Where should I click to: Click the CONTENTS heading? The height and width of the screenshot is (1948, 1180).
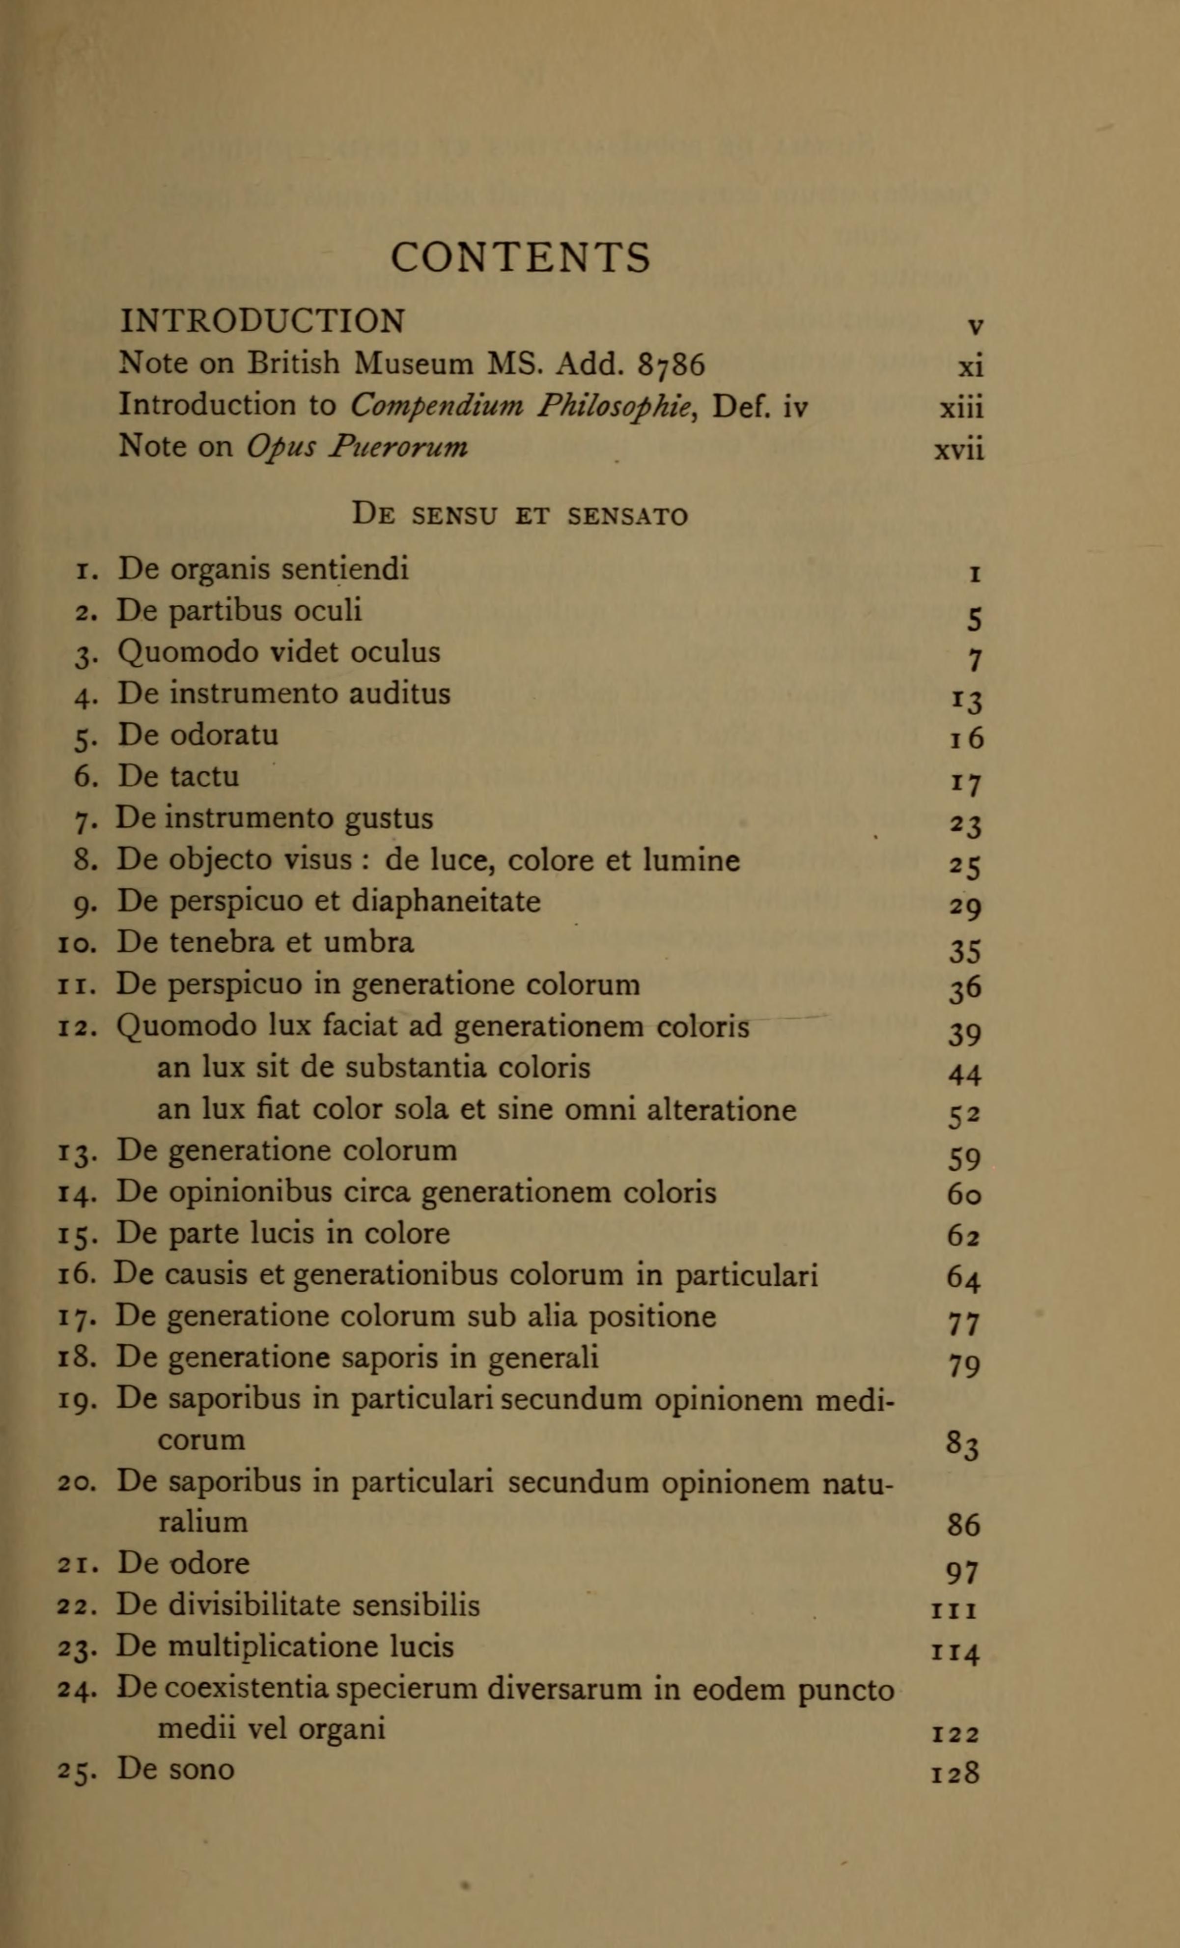tap(521, 258)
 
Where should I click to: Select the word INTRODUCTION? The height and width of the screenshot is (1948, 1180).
tap(262, 321)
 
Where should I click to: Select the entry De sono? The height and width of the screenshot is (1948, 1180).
tap(175, 1769)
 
